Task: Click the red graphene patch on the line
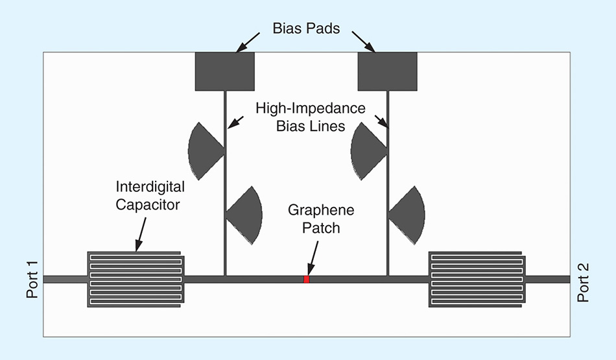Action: click(307, 280)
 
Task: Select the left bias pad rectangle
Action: click(224, 71)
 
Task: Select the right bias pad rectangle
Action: click(387, 71)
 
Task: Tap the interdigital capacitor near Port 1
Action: click(136, 280)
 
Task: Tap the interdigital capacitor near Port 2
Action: click(477, 280)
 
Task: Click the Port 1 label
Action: click(32, 280)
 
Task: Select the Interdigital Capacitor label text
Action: click(150, 195)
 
